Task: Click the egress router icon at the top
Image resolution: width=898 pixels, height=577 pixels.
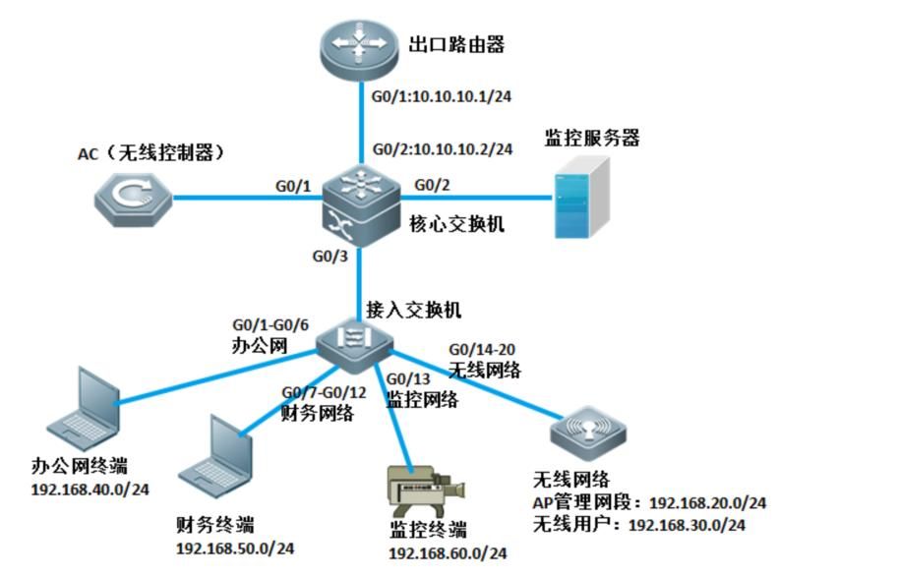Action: click(x=359, y=49)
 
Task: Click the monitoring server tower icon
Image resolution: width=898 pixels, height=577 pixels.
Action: click(x=581, y=198)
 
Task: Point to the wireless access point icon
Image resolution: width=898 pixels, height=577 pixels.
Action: click(x=588, y=433)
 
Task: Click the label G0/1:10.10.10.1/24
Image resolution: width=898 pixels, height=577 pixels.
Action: click(x=442, y=96)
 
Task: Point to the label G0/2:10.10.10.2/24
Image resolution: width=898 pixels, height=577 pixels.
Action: click(x=443, y=149)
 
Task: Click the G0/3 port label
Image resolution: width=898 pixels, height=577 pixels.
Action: click(x=329, y=256)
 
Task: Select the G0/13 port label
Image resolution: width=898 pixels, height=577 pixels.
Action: click(x=408, y=379)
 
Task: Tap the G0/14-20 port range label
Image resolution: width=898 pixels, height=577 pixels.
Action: click(x=482, y=349)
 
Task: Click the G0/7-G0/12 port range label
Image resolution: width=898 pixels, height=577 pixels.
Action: click(x=325, y=392)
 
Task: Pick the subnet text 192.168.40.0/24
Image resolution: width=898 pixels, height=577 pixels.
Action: click(x=90, y=490)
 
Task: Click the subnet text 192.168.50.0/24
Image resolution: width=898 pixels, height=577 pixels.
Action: click(x=235, y=548)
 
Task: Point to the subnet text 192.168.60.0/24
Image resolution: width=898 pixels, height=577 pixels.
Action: click(x=448, y=553)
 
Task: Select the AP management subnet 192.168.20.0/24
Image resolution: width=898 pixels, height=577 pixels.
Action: click(x=708, y=503)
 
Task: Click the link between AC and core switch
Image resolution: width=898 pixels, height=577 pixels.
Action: click(x=248, y=198)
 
